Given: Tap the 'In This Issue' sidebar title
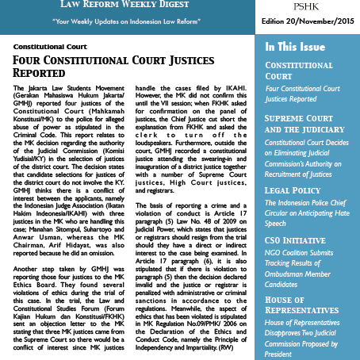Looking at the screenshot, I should pos(301,47).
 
